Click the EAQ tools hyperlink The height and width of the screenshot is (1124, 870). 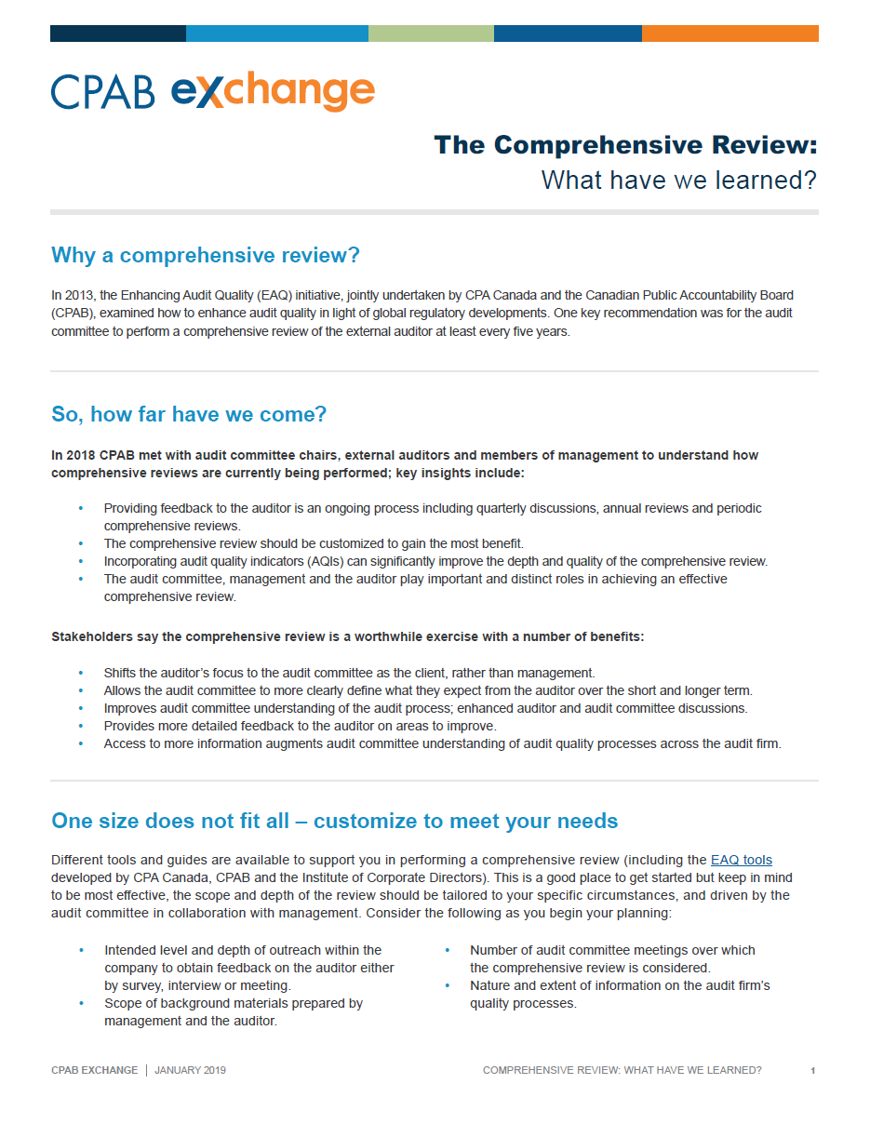741,860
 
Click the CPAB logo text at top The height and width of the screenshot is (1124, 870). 102,93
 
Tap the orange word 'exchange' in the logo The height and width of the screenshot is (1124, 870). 273,93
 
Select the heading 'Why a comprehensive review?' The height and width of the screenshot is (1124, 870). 206,255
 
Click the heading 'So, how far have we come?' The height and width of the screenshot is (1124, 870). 189,414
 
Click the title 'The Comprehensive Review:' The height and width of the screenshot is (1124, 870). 625,145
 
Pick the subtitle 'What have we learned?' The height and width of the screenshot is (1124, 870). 678,180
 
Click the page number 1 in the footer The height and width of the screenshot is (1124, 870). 812,1071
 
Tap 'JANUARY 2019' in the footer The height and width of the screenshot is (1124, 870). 190,1070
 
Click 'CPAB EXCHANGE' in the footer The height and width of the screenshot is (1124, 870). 94,1070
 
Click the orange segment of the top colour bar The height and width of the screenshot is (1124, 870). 729,33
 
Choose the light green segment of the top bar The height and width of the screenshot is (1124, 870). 431,33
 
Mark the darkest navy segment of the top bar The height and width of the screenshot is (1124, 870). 117,33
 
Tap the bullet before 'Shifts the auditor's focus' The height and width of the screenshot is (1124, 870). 81,673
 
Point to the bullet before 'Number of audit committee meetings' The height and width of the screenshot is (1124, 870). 447,950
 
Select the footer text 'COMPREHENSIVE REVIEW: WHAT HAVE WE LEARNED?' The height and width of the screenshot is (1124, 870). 622,1070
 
